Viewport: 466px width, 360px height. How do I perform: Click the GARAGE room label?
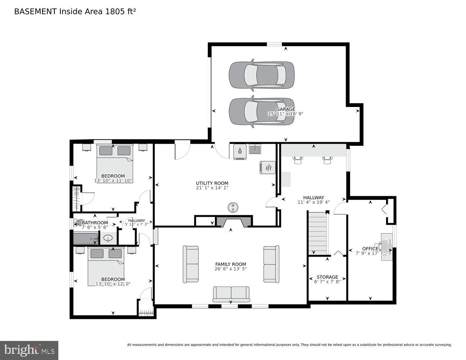coord(286,109)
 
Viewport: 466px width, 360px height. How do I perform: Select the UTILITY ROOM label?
coord(212,183)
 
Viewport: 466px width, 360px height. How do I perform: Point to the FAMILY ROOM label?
coord(230,264)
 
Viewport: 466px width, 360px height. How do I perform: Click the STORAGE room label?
coord(327,277)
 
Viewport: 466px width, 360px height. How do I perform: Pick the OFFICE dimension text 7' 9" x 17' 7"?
coord(370,253)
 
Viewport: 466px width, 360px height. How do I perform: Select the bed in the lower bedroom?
coord(106,266)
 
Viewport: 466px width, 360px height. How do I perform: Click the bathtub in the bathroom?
coord(85,239)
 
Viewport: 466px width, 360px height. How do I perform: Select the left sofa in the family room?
coord(191,264)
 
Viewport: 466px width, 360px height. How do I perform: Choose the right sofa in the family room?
coord(271,264)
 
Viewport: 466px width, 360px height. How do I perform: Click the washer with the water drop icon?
coord(240,152)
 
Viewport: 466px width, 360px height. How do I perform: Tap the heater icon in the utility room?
coord(268,167)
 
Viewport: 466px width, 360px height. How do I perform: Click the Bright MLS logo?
coord(29,350)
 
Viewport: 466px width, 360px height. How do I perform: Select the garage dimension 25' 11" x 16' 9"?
coord(286,114)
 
